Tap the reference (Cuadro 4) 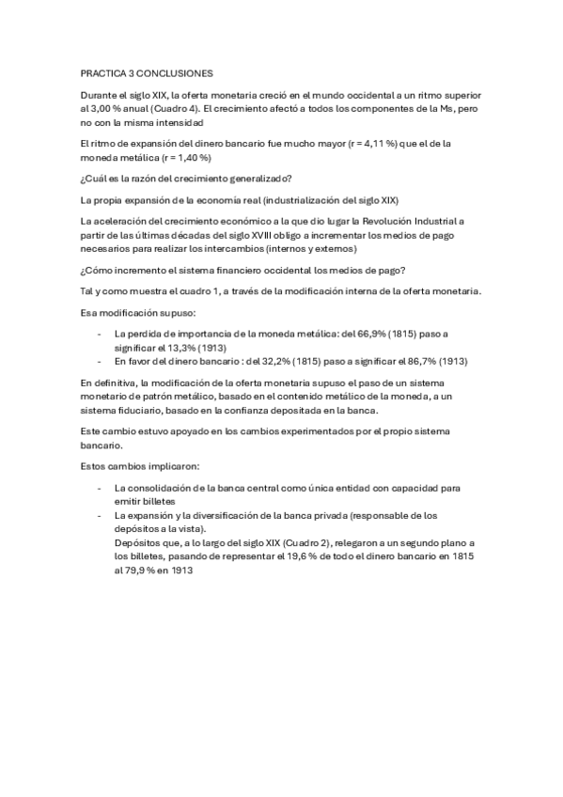[180, 108]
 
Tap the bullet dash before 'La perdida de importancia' [100, 334]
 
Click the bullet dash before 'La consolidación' [100, 489]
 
